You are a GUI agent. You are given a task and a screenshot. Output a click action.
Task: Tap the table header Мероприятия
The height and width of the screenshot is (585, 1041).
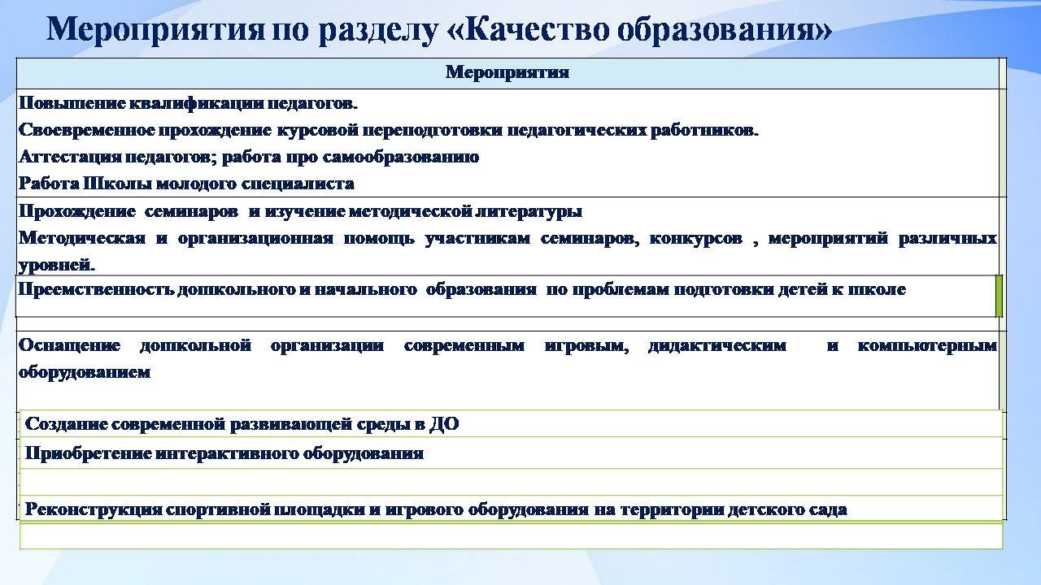click(507, 72)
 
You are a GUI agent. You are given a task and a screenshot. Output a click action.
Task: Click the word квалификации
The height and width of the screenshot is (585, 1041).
click(194, 103)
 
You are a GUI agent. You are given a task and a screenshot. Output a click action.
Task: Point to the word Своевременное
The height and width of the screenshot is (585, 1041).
click(87, 131)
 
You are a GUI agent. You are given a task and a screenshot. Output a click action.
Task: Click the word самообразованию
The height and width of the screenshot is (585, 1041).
click(401, 158)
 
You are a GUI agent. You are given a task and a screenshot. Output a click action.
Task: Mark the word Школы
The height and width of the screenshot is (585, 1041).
click(118, 184)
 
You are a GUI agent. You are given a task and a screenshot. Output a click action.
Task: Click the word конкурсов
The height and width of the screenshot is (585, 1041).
click(695, 239)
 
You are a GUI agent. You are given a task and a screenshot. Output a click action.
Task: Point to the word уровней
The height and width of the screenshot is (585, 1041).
click(57, 266)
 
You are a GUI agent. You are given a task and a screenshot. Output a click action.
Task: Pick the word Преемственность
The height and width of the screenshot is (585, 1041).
click(96, 289)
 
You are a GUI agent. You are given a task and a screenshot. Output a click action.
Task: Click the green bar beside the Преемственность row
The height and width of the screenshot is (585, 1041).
click(999, 296)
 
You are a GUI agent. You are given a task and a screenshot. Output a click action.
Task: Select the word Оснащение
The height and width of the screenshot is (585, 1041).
click(69, 345)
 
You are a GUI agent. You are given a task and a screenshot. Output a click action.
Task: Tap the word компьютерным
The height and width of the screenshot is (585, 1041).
click(927, 345)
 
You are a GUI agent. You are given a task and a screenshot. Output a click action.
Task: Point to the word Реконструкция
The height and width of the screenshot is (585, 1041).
click(94, 509)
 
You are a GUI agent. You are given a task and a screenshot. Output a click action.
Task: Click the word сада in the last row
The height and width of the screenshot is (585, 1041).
click(828, 509)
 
